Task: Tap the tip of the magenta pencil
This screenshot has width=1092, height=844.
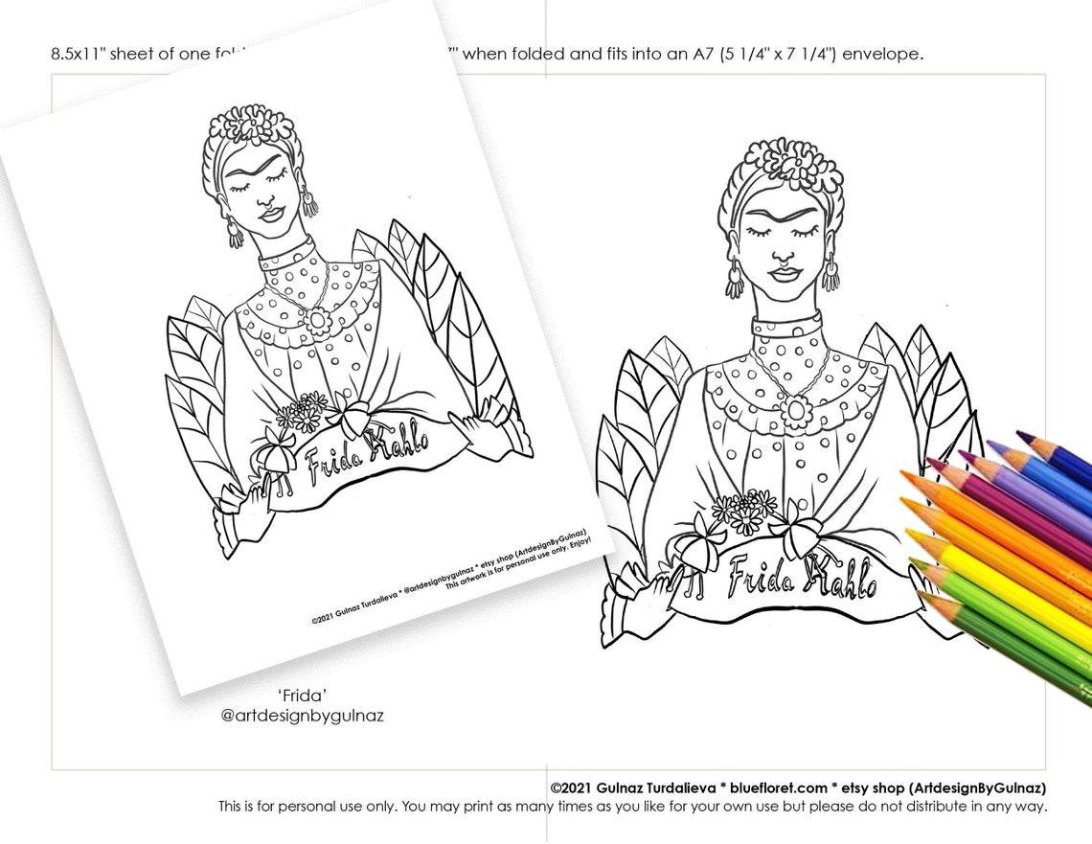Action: (x=927, y=462)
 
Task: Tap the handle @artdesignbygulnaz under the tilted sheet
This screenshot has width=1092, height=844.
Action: (x=302, y=716)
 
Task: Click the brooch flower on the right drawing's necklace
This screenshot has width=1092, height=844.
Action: (x=794, y=410)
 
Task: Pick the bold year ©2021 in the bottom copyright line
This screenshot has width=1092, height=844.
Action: (x=573, y=787)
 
